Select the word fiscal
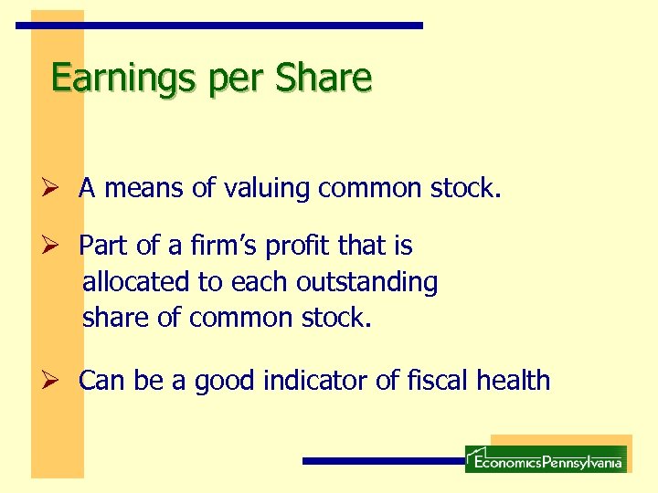(434, 381)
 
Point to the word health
(514, 381)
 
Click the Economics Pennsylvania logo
(546, 458)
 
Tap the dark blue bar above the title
(220, 26)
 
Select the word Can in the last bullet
(101, 381)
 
